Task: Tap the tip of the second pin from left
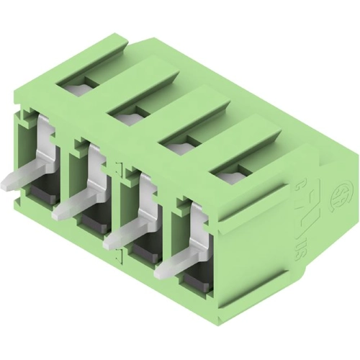click(58, 213)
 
